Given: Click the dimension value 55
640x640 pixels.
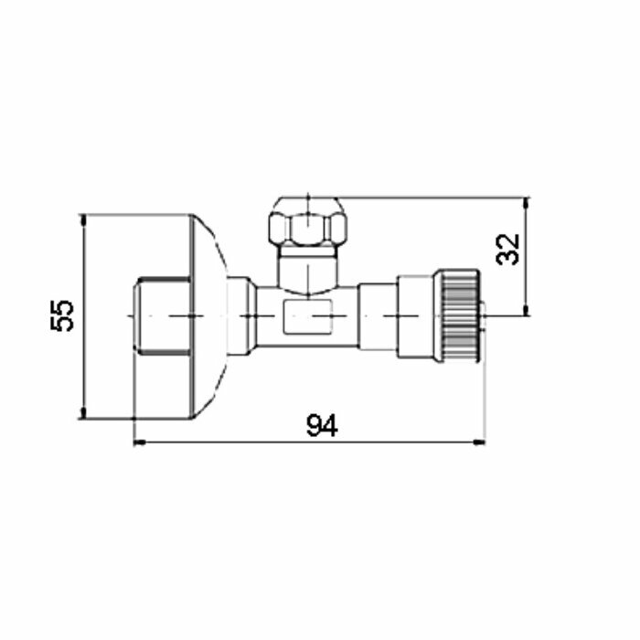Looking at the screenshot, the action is [62, 316].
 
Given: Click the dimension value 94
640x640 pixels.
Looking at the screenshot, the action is [322, 425].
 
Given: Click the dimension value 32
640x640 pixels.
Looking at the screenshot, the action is [507, 250].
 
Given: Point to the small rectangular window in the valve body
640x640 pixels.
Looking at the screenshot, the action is [308, 316].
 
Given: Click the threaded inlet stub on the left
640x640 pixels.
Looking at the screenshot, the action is [163, 316].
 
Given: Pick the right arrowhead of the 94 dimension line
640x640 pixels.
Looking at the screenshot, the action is [479, 443].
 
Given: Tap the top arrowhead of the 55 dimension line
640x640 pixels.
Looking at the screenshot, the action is [83, 220].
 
